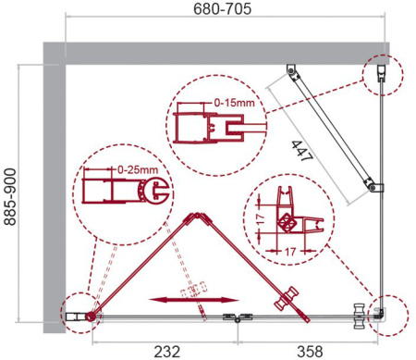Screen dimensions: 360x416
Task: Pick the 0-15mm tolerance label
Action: pos(231,103)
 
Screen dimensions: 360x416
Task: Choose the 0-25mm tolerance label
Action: pos(137,170)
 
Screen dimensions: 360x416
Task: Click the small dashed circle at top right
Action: pos(383,72)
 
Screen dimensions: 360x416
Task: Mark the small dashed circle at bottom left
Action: pos(80,316)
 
